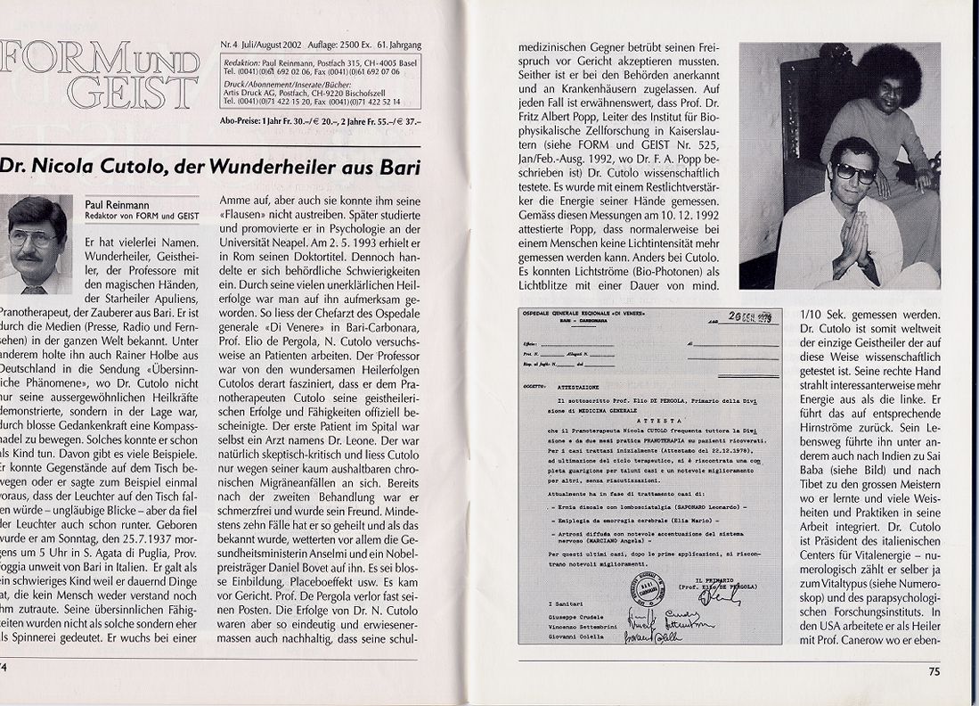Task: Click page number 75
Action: [x=934, y=672]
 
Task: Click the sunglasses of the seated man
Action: [x=853, y=173]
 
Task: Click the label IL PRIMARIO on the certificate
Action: [x=712, y=580]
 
